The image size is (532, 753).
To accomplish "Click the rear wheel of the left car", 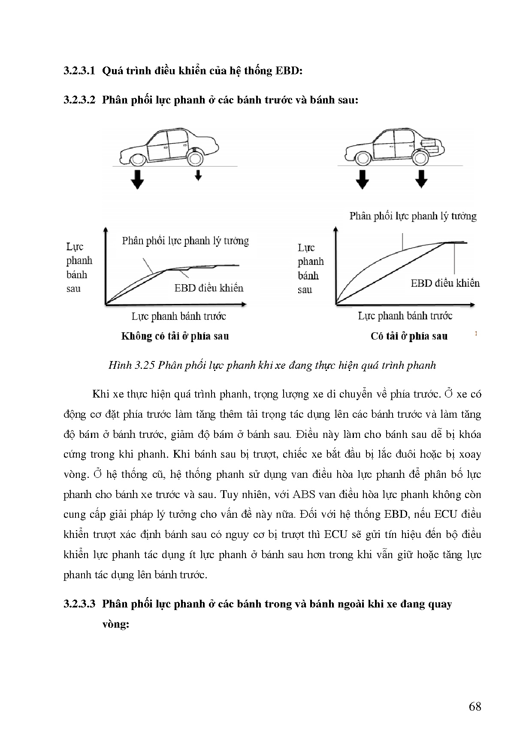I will pos(194,158).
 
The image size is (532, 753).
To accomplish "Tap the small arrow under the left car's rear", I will pos(198,175).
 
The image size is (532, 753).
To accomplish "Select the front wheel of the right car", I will pos(363,158).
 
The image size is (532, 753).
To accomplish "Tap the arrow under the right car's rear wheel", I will pos(421,179).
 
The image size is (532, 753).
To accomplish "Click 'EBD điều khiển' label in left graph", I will pos(209,288).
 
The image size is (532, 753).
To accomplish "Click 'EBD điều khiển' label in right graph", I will pos(445,283).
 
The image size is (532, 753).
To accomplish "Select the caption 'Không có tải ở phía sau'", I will pos(175,336).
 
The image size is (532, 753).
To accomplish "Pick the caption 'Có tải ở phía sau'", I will pos(409,336).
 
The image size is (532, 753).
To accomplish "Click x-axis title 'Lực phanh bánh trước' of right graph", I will pos(405,316).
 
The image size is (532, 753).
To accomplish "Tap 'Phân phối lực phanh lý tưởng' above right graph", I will pos(413,216).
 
